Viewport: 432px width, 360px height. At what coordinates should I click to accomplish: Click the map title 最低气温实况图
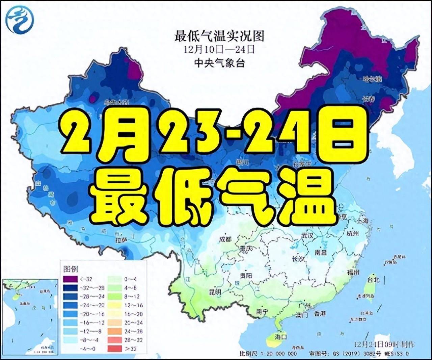[x=219, y=36]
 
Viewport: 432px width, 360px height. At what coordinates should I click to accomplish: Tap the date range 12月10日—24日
[x=219, y=50]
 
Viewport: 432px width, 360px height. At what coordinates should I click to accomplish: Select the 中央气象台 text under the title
[x=219, y=63]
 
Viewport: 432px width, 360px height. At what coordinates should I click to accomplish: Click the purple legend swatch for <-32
[x=70, y=279]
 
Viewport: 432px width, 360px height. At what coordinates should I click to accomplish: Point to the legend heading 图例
[x=71, y=269]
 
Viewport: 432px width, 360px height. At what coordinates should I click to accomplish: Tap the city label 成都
[x=225, y=239]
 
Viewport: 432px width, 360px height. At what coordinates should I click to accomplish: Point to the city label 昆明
[x=215, y=291]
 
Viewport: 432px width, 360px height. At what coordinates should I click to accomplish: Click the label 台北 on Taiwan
[x=373, y=280]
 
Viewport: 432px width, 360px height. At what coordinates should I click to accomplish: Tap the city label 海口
[x=280, y=337]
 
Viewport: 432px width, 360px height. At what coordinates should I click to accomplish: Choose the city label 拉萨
[x=121, y=240]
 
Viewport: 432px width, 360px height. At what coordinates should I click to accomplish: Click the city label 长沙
[x=298, y=259]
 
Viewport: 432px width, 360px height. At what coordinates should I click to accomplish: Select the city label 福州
[x=354, y=272]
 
